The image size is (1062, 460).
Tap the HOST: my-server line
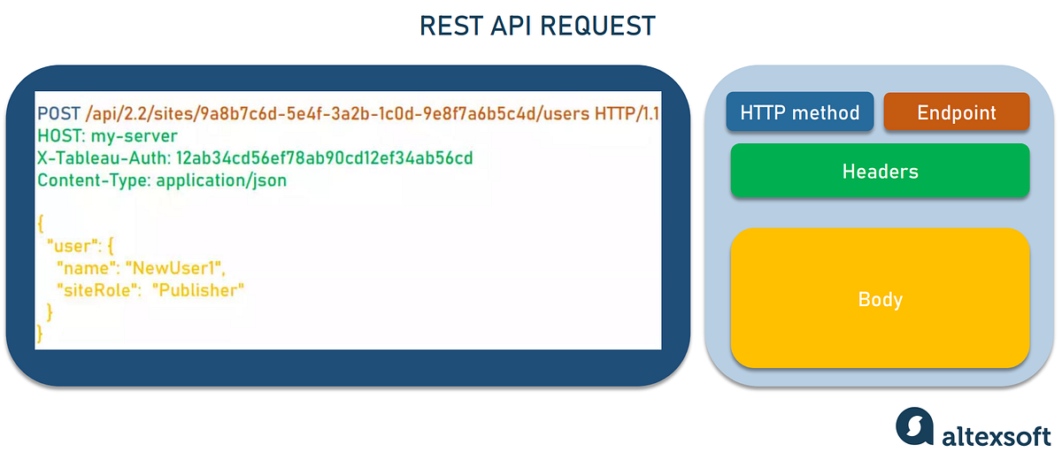pyautogui.click(x=107, y=136)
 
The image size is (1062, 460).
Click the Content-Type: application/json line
pyautogui.click(x=162, y=180)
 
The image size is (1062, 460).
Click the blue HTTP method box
pyautogui.click(x=800, y=113)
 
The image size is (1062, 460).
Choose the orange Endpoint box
pyautogui.click(x=957, y=113)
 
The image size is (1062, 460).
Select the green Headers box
pyautogui.click(x=880, y=171)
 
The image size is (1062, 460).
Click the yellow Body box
pyautogui.click(x=880, y=299)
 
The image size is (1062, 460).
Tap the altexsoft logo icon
pyautogui.click(x=914, y=425)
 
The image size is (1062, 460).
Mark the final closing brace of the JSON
pyautogui.click(x=41, y=333)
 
